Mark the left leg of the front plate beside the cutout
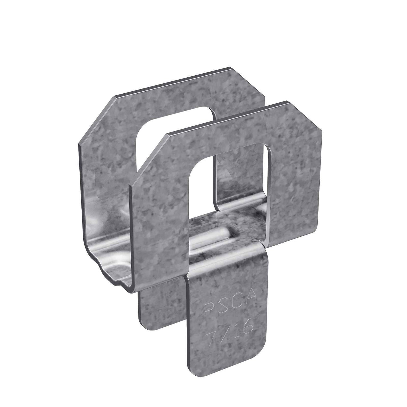pyautogui.click(x=160, y=214)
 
